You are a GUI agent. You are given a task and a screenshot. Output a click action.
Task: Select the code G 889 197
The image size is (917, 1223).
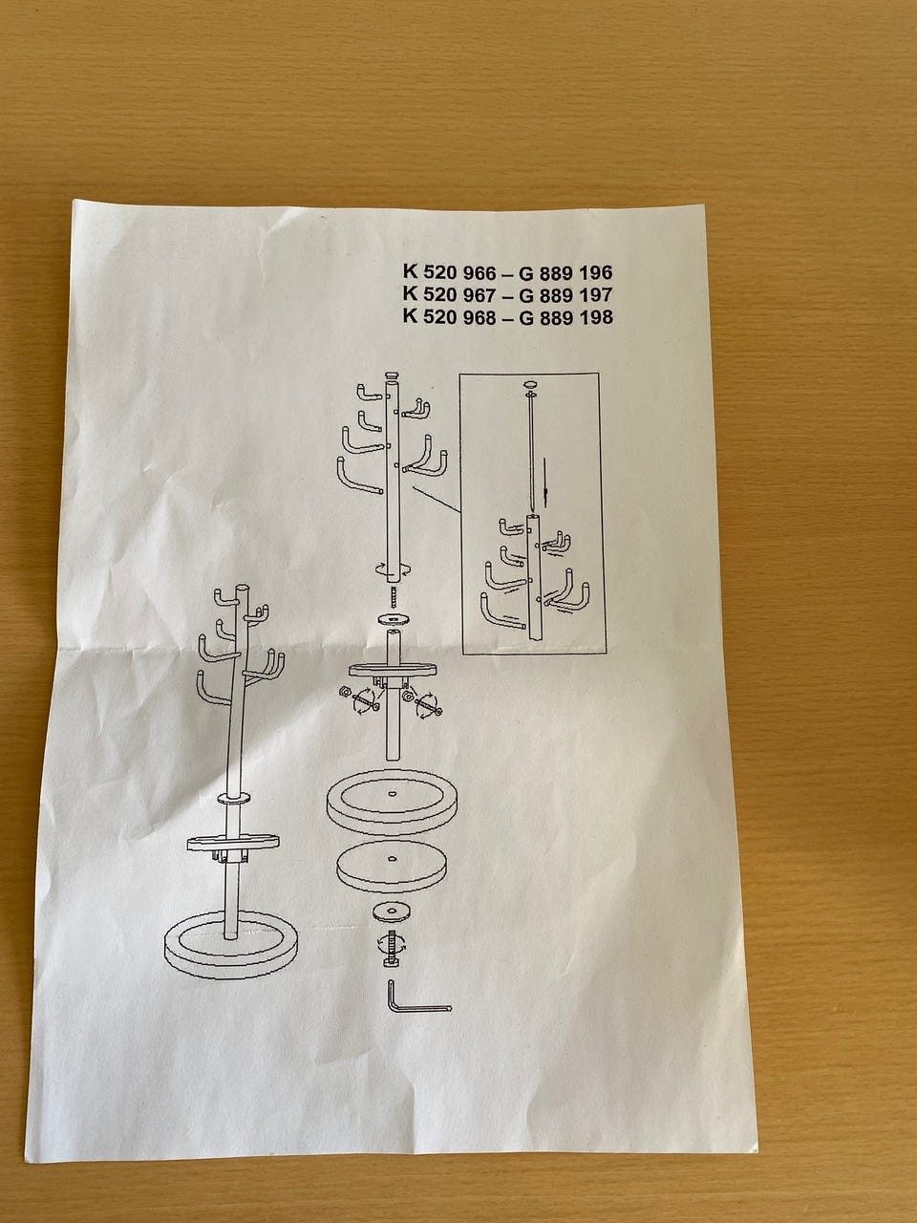pyautogui.click(x=565, y=294)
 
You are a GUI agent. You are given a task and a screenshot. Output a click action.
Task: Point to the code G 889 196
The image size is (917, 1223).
pyautogui.click(x=565, y=272)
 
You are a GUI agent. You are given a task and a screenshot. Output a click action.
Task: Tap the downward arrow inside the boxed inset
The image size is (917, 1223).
pyautogui.click(x=546, y=482)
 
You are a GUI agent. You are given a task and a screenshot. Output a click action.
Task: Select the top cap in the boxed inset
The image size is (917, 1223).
pyautogui.click(x=529, y=384)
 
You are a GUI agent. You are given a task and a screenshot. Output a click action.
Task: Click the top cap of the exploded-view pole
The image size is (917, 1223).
pyautogui.click(x=394, y=375)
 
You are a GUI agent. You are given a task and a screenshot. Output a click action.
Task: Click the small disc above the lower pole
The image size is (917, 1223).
pyautogui.click(x=394, y=619)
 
